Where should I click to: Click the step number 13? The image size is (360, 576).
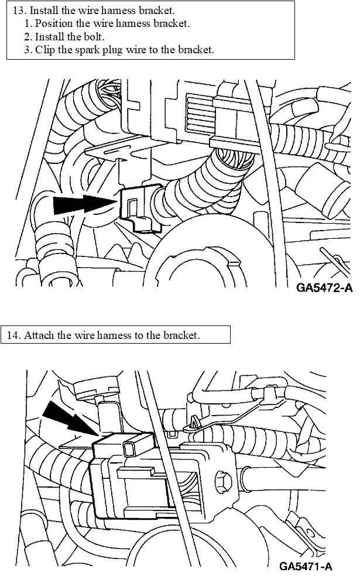tap(18, 11)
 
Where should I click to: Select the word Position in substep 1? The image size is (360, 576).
tap(53, 24)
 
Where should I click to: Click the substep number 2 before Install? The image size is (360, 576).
tap(27, 37)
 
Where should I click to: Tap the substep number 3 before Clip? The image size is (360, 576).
tap(27, 50)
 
